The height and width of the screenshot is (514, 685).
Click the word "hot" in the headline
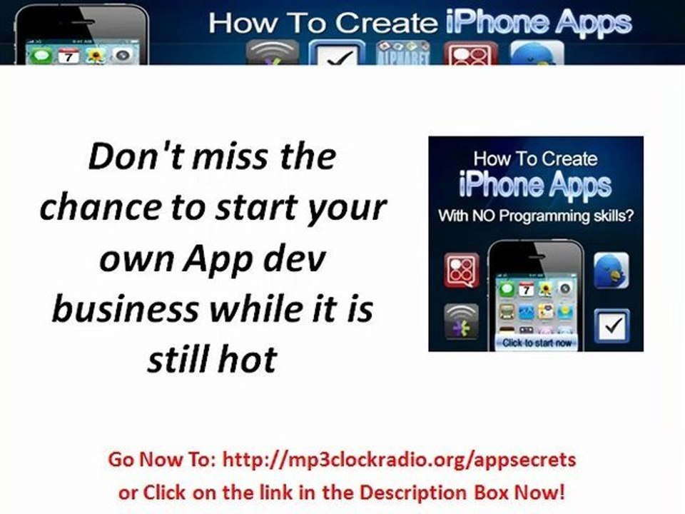pyautogui.click(x=249, y=359)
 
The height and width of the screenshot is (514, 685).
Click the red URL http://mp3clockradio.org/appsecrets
pyautogui.click(x=400, y=460)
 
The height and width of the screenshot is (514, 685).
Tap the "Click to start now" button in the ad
pyautogui.click(x=536, y=343)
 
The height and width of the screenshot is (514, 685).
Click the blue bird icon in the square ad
pyautogui.click(x=611, y=270)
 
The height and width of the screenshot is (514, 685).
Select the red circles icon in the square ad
pyautogui.click(x=462, y=270)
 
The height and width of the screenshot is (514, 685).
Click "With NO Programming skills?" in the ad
pyautogui.click(x=536, y=216)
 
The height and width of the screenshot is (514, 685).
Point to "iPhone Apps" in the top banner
pyautogui.click(x=538, y=23)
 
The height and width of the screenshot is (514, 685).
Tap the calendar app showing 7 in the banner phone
pyautogui.click(x=68, y=56)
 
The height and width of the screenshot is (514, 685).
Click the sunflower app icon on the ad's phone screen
pyautogui.click(x=546, y=288)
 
